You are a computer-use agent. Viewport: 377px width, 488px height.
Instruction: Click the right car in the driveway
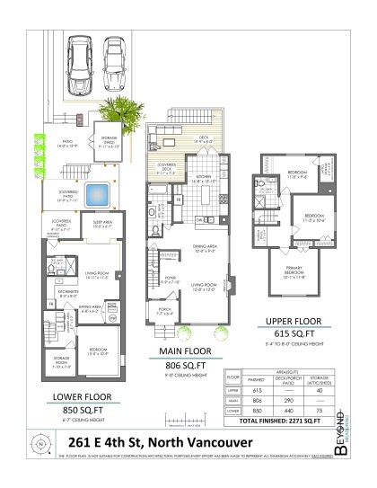pos(114,59)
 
